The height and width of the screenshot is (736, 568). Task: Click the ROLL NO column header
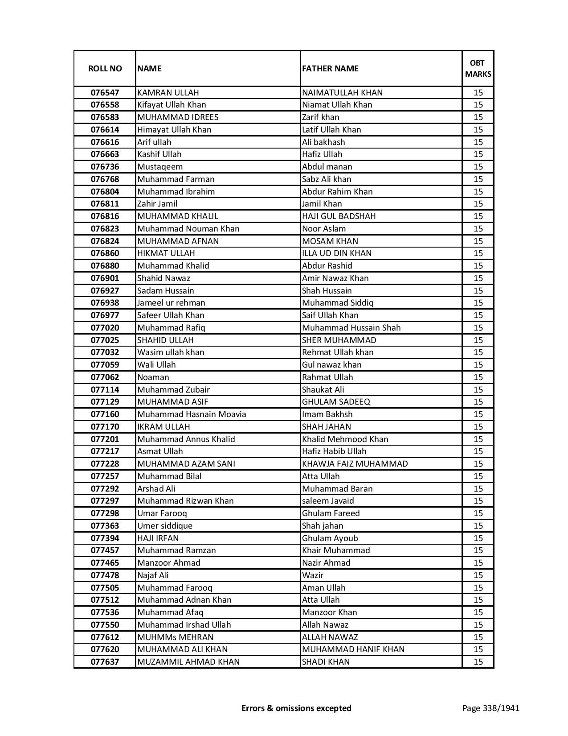(x=105, y=68)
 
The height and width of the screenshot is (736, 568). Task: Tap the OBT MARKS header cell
(x=478, y=68)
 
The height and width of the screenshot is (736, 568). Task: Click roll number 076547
(x=105, y=92)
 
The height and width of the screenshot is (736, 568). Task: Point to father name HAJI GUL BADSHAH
(x=339, y=216)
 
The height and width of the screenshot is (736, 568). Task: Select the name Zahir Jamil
(x=157, y=204)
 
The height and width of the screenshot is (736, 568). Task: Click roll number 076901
(x=105, y=278)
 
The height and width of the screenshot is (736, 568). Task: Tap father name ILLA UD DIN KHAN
(x=336, y=253)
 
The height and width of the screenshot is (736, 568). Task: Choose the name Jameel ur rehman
(x=171, y=303)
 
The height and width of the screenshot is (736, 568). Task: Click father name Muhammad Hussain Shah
(x=351, y=328)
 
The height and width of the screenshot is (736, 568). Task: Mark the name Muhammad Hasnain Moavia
(x=192, y=414)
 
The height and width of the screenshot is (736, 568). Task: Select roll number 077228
(x=105, y=464)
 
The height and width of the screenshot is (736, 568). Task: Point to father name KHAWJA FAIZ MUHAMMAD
(x=355, y=464)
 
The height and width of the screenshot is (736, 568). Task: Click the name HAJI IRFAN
(x=158, y=538)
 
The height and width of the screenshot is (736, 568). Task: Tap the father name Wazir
(x=313, y=575)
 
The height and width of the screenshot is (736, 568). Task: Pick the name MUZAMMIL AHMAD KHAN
(x=188, y=662)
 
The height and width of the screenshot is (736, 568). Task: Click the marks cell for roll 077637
(x=478, y=662)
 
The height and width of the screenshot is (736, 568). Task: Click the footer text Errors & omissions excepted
(x=296, y=708)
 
